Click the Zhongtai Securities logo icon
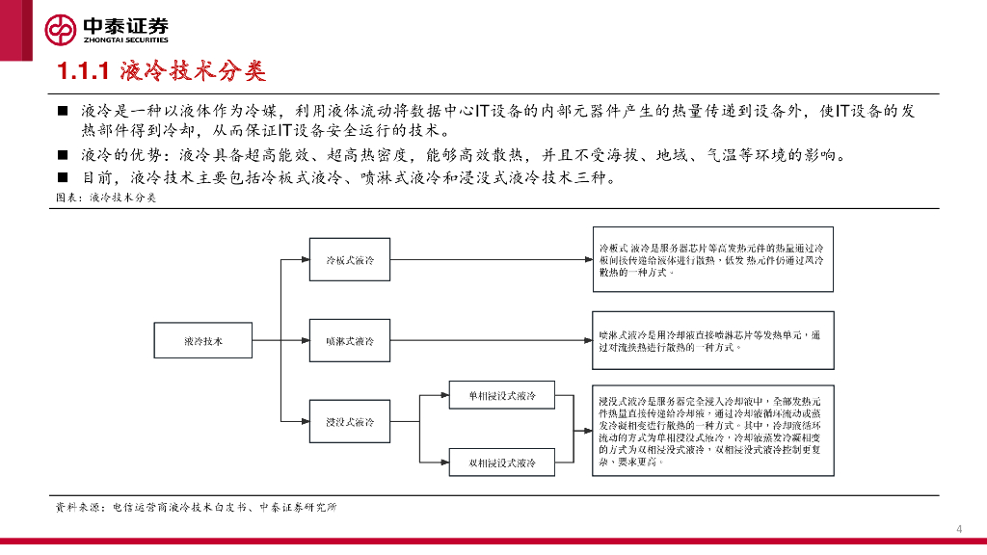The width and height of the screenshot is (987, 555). click(x=61, y=30)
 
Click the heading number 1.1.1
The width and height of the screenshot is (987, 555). click(x=84, y=71)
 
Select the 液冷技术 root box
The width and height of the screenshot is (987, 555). click(x=203, y=341)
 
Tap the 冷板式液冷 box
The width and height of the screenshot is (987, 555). click(x=350, y=260)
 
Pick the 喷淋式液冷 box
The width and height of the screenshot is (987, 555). click(x=350, y=341)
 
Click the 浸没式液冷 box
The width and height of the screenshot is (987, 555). click(x=350, y=422)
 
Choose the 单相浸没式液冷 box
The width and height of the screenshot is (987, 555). click(x=502, y=396)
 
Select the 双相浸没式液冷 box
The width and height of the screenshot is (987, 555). click(x=502, y=462)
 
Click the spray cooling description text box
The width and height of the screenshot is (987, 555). click(x=711, y=340)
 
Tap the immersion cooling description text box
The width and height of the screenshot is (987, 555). click(x=711, y=429)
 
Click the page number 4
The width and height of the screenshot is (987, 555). click(x=958, y=527)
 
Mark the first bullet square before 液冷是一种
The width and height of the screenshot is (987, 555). click(x=63, y=112)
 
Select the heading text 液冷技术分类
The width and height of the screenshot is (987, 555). click(x=193, y=71)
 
